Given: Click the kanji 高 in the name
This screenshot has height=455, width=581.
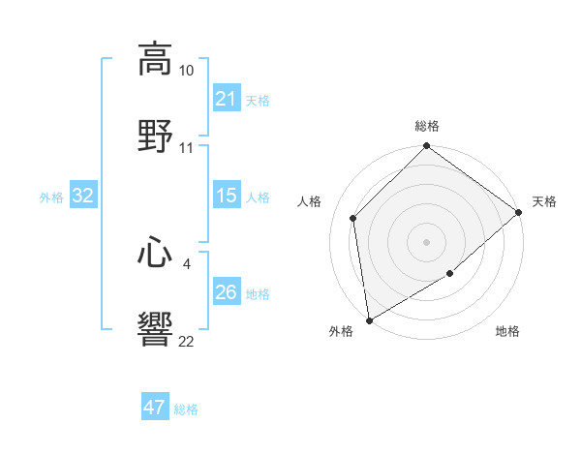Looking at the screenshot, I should tap(155, 59).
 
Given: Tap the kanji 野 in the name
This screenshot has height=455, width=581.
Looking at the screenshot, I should tap(155, 135).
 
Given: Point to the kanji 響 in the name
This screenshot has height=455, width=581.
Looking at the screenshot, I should tap(155, 329).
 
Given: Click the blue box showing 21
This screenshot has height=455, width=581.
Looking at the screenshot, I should tap(226, 98).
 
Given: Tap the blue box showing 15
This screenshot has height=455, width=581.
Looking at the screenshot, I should tap(226, 196).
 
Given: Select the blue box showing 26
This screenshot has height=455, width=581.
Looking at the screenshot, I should tap(226, 292).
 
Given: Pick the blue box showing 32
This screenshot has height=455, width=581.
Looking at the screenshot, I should tap(83, 196).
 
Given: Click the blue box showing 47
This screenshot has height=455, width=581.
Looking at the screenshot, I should tap(155, 408).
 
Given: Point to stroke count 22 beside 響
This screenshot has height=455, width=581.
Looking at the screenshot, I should tap(186, 342).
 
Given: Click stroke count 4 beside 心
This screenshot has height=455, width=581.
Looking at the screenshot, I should tap(185, 263).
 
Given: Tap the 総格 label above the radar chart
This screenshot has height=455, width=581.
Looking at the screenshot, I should tap(427, 126).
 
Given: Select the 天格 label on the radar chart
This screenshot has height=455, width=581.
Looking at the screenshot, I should tap(544, 201).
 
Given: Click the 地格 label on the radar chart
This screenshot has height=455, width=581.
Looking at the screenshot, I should tap(507, 331).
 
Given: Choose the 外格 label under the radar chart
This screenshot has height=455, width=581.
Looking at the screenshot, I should tap(341, 331).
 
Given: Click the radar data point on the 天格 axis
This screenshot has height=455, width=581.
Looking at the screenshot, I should tap(519, 212).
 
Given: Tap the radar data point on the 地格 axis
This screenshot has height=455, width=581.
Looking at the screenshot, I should tap(450, 274).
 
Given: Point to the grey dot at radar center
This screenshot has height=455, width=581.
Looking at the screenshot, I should tap(427, 242).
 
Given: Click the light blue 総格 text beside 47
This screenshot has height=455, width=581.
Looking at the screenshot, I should tap(186, 409).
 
